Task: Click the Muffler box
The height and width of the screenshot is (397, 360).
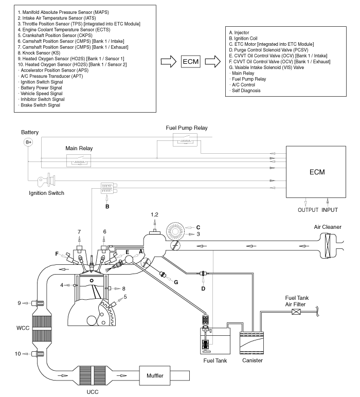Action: tap(155, 376)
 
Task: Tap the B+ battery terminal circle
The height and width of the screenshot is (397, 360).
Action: tap(29, 142)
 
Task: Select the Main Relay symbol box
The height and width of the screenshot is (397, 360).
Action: tap(79, 161)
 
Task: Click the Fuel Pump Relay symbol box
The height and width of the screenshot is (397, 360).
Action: tap(185, 140)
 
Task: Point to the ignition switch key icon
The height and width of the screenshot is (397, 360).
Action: tap(47, 180)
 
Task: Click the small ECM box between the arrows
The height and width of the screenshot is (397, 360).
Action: tap(191, 62)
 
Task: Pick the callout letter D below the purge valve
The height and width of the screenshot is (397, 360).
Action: tap(203, 288)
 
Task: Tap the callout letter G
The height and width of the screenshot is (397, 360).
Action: tap(176, 282)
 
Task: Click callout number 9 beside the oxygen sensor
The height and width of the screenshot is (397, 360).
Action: tap(19, 303)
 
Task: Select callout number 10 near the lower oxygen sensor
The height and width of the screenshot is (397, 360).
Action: tap(17, 353)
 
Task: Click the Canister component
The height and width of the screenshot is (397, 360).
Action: tap(251, 343)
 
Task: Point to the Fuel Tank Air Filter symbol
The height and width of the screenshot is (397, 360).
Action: tap(296, 312)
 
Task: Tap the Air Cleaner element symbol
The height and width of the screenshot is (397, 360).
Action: tap(328, 245)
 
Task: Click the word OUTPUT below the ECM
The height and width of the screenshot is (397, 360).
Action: tap(308, 210)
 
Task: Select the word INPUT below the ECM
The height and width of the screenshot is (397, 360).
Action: tap(330, 210)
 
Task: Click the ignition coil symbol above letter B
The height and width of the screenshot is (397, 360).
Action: tap(109, 188)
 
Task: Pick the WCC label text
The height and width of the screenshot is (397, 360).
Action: tap(23, 328)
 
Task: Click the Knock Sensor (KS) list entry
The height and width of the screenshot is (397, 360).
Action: tap(39, 53)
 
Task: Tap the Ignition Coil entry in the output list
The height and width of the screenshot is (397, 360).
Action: tap(243, 39)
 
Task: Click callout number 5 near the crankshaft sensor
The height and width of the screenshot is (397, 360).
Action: tap(125, 297)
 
